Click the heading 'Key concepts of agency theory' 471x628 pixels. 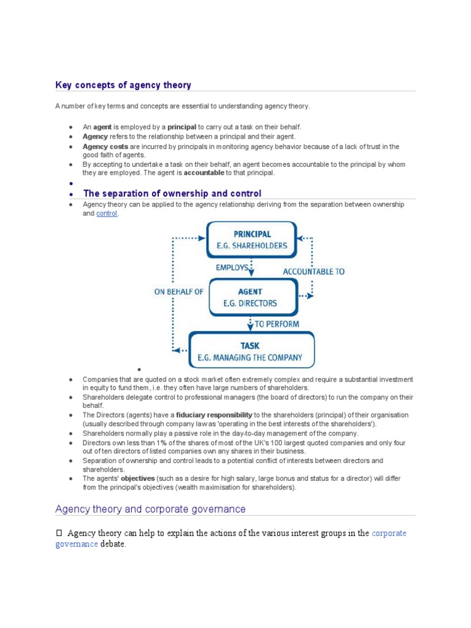123,85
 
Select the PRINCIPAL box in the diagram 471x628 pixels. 251,240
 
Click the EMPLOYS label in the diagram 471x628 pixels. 232,267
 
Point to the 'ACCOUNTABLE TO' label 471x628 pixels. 313,271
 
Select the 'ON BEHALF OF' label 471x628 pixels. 178,292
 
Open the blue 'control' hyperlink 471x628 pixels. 106,213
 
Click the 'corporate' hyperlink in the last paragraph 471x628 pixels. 389,533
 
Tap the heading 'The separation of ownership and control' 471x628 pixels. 172,193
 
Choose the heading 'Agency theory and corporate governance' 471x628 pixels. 150,509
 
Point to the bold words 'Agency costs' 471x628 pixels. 105,147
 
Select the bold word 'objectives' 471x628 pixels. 138,478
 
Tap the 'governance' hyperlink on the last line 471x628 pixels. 77,544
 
